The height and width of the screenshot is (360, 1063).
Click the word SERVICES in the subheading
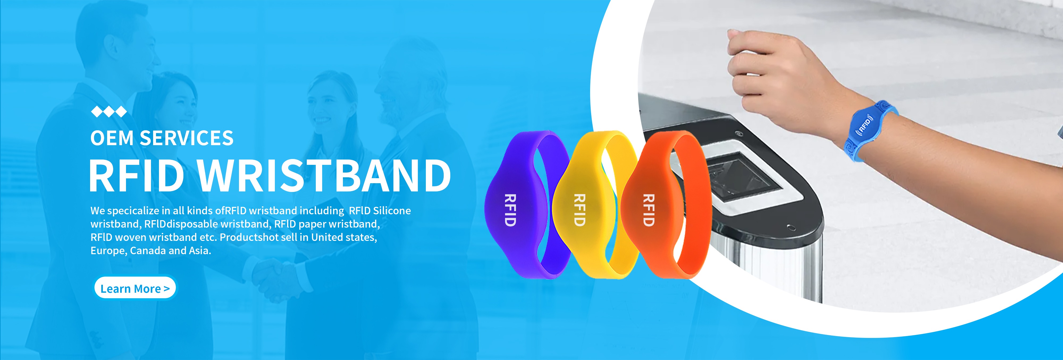[187, 138]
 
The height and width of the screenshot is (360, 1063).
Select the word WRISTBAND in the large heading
[324, 175]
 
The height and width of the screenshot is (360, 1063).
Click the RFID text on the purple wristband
[510, 210]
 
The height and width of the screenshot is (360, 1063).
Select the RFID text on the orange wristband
[649, 210]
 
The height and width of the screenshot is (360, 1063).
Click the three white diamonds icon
[108, 111]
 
